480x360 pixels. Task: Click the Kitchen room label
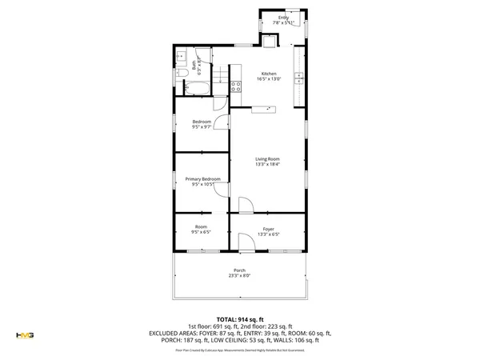click(x=268, y=74)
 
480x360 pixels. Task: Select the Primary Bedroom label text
click(x=202, y=178)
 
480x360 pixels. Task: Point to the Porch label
click(x=239, y=270)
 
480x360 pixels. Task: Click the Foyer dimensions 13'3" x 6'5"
click(x=268, y=234)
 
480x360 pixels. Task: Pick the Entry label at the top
click(x=283, y=18)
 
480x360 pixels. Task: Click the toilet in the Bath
click(x=181, y=74)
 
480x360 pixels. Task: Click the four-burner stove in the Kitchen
click(x=236, y=86)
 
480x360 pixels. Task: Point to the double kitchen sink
click(x=299, y=78)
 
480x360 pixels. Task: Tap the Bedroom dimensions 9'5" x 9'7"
click(x=202, y=127)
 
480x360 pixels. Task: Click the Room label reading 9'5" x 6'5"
click(x=201, y=232)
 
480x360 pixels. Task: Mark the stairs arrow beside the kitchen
click(x=264, y=109)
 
